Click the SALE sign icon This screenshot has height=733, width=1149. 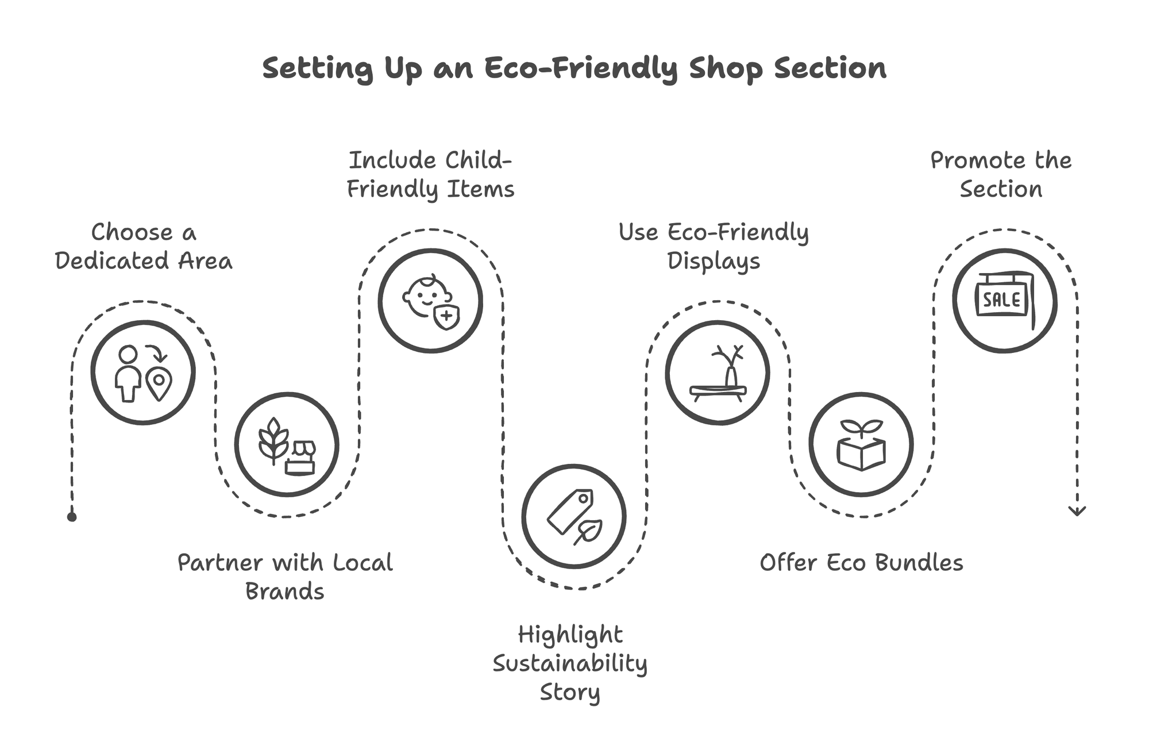(1003, 300)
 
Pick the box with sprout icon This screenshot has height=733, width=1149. (861, 446)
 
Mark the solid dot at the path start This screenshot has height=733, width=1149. (72, 517)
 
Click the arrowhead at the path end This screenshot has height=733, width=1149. (1077, 511)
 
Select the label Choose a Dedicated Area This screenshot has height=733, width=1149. (144, 247)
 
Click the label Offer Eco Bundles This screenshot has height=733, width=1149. (861, 563)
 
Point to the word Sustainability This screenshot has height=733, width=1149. (570, 663)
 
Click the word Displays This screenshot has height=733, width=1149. (714, 261)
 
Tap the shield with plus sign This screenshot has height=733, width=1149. (446, 317)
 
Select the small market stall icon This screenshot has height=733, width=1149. (301, 458)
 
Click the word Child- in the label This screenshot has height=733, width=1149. (478, 160)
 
